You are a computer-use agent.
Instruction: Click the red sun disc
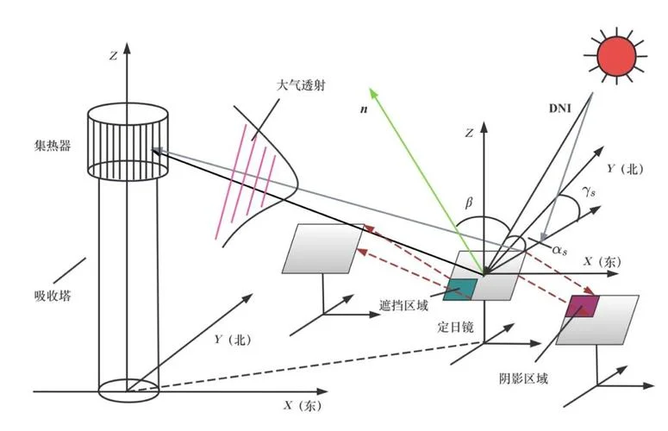[x=616, y=56]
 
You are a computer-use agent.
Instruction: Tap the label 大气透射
[x=301, y=85]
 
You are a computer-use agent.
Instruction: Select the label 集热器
[x=52, y=146]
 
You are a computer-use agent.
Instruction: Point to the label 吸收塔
[x=53, y=296]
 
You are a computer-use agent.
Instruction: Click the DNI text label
[x=559, y=109]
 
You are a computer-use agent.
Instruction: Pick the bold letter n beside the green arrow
[x=364, y=109]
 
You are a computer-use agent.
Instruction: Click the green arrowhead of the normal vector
[x=374, y=93]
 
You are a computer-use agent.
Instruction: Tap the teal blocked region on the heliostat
[x=460, y=290]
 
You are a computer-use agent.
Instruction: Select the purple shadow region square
[x=583, y=306]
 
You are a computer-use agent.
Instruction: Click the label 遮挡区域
[x=403, y=305]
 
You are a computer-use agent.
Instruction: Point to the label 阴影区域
[x=523, y=378]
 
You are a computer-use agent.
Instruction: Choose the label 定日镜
[x=455, y=327]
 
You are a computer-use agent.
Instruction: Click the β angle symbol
[x=469, y=202]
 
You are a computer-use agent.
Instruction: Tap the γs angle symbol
[x=589, y=191]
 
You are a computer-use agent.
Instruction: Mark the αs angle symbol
[x=559, y=251]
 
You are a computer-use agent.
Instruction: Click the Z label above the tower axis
[x=113, y=56]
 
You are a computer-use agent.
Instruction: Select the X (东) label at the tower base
[x=303, y=405]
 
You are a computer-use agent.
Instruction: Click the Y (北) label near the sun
[x=625, y=169]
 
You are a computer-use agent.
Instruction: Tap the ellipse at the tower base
[x=128, y=390]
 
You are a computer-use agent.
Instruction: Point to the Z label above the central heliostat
[x=469, y=134]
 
